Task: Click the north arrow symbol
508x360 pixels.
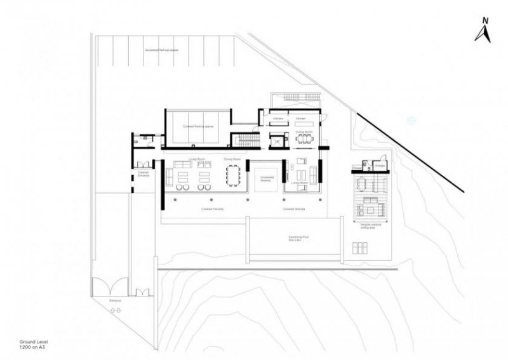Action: (482, 31)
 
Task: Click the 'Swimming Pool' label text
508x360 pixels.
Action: (294, 237)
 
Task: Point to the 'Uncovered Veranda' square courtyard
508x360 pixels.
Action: (265, 179)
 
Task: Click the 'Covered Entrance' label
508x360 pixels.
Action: (143, 174)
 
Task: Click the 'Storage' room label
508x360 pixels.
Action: (380, 166)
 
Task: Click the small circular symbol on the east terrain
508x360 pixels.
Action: (410, 119)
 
